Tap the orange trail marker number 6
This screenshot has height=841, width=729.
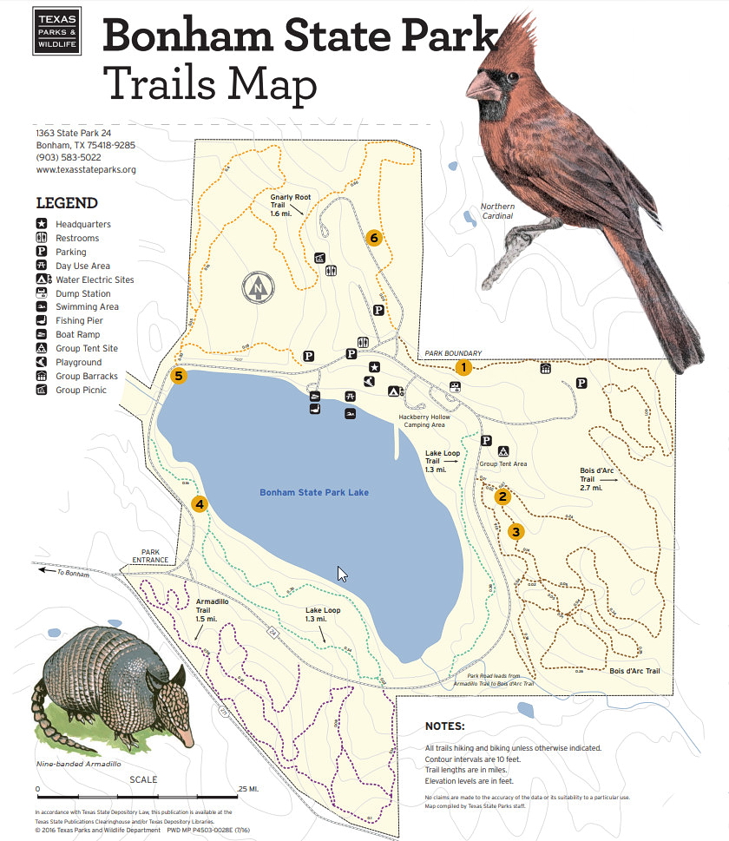(x=374, y=238)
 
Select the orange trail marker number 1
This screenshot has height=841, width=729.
(x=463, y=367)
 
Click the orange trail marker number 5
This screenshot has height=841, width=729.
(x=179, y=376)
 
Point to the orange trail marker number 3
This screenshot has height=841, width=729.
(x=516, y=531)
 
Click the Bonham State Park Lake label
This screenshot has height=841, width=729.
(x=314, y=493)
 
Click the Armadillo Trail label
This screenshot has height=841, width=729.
(x=212, y=609)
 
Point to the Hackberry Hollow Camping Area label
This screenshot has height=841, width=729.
(x=422, y=421)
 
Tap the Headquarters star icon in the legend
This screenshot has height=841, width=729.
(x=42, y=224)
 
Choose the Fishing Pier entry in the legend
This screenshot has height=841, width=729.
(x=77, y=320)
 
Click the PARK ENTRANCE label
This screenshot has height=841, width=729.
(x=152, y=555)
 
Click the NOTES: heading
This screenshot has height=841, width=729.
(x=444, y=726)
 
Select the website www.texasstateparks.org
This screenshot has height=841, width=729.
(x=86, y=170)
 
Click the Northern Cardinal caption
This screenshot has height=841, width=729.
(x=497, y=212)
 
